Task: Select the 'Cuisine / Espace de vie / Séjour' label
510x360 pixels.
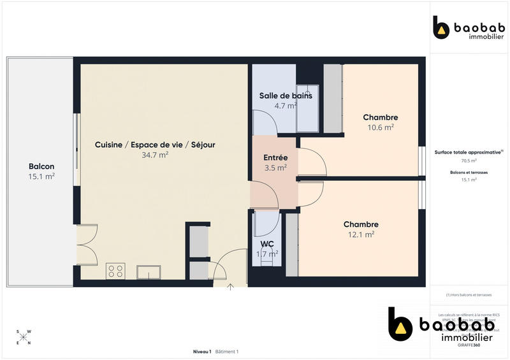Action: (x=155, y=145)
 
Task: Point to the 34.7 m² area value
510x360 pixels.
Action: (x=155, y=155)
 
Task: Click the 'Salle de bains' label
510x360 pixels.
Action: (x=286, y=96)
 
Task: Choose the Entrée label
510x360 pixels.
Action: (x=275, y=157)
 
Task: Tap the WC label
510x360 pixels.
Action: (x=266, y=243)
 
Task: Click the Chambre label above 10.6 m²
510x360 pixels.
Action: (x=381, y=117)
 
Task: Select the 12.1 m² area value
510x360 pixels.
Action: (x=361, y=234)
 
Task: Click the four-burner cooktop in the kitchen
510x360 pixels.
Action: (x=116, y=271)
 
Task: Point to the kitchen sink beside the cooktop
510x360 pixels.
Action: (x=149, y=272)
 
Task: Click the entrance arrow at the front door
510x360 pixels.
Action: (x=230, y=286)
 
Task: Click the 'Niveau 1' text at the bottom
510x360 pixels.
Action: (x=202, y=352)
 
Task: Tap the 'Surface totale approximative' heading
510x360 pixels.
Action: (x=469, y=152)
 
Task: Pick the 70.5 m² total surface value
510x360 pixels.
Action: (x=469, y=161)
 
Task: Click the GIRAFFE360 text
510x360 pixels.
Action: (x=469, y=345)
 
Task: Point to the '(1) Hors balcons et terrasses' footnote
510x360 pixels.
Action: (x=469, y=295)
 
